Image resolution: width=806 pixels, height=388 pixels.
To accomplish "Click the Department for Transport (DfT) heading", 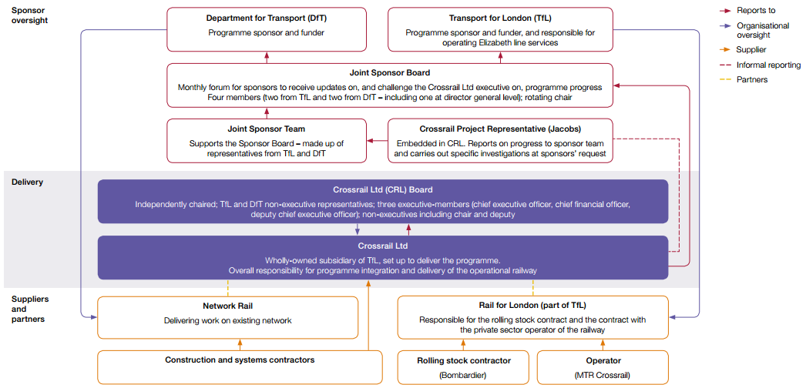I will (x=266, y=18).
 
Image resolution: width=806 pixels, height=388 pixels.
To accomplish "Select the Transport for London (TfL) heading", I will (x=500, y=18).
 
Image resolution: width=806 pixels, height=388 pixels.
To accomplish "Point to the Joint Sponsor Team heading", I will (x=267, y=129).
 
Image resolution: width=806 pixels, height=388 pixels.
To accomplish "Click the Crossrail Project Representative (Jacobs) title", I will (x=500, y=129).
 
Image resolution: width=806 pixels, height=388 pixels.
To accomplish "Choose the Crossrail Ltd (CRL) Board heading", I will (x=383, y=189).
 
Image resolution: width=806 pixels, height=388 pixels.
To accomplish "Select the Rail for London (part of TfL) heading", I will (x=532, y=306).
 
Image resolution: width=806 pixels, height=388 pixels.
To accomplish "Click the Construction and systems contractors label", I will (x=240, y=360).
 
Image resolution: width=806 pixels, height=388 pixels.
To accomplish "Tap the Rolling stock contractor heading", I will (x=463, y=360).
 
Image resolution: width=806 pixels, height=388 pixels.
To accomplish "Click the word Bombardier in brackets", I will (x=463, y=375).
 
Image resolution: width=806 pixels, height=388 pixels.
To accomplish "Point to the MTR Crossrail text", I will (x=603, y=375).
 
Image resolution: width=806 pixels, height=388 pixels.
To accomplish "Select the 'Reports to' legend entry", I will (x=755, y=11).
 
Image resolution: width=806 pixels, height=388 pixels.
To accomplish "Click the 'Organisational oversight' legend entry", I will (x=763, y=30).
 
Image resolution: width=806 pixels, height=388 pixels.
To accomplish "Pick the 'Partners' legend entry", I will (x=752, y=79).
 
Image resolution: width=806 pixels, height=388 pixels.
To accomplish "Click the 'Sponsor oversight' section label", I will (x=30, y=15).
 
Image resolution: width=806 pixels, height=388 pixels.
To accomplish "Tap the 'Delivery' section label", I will (x=28, y=182).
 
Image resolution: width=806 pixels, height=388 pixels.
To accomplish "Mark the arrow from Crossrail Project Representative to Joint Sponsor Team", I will (x=377, y=140).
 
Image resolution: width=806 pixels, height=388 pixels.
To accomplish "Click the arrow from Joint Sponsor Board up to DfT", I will (x=267, y=57).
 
